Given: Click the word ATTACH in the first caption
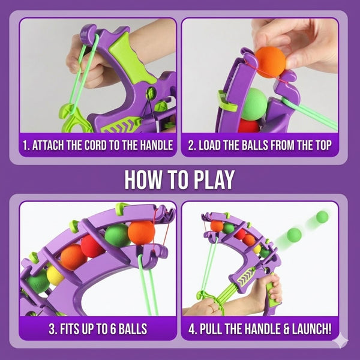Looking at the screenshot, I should (x=54, y=145).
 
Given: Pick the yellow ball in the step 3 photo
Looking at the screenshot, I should (x=56, y=275).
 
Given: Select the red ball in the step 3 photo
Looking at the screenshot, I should (x=92, y=246).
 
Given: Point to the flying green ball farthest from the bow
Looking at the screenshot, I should (x=323, y=217).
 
